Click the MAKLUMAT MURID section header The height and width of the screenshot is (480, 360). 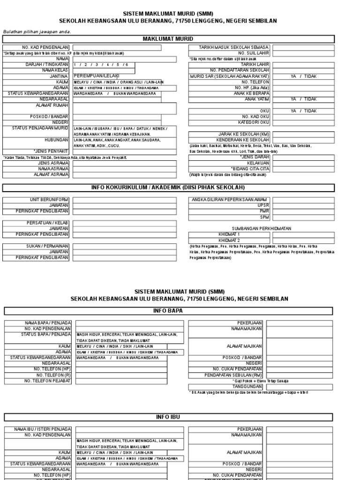(x=168, y=39)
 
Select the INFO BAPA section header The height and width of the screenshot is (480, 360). (x=168, y=311)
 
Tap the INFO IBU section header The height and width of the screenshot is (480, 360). (x=168, y=417)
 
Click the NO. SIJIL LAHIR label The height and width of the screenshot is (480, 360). (x=255, y=53)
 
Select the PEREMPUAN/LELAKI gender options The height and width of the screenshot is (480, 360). (x=97, y=76)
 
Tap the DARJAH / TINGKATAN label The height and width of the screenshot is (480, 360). (x=47, y=64)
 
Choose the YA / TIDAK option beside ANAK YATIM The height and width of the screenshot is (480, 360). (x=303, y=99)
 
